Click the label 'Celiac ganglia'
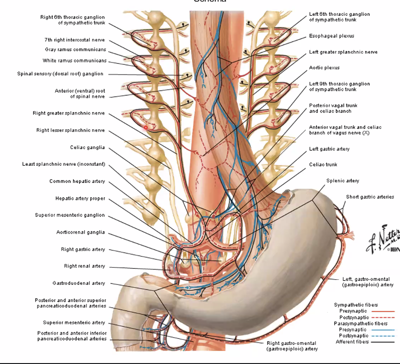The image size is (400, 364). click(x=87, y=148)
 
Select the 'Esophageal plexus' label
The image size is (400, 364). click(x=331, y=36)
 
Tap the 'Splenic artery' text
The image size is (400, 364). click(x=342, y=181)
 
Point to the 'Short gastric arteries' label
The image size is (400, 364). click(x=370, y=197)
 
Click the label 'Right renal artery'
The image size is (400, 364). click(x=84, y=266)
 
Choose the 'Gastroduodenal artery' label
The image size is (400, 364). click(x=79, y=283)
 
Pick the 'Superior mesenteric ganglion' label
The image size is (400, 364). click(x=70, y=215)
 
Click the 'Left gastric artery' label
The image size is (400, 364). click(x=329, y=149)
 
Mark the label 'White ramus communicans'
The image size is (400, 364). click(x=74, y=61)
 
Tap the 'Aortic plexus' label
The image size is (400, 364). click(x=324, y=68)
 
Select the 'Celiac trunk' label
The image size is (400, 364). click(x=323, y=164)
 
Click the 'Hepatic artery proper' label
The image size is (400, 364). click(x=80, y=199)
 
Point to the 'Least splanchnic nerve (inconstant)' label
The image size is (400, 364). click(x=63, y=164)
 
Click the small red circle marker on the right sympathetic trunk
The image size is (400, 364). click(x=146, y=127)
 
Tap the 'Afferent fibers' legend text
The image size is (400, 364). click(x=352, y=342)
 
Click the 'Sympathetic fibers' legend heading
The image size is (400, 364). click(x=356, y=305)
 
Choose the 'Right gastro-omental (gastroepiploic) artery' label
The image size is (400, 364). click(x=292, y=346)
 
